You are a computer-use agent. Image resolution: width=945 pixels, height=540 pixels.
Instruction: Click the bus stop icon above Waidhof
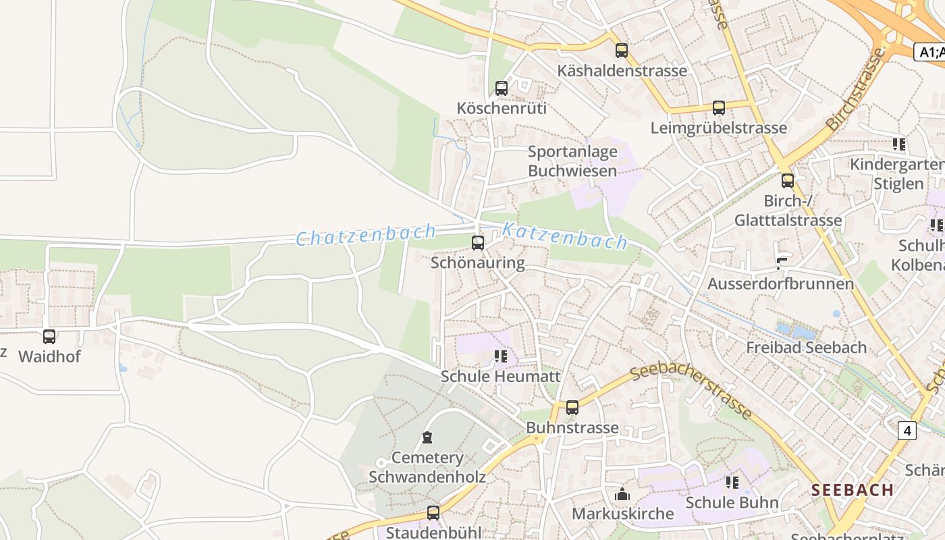(49, 336)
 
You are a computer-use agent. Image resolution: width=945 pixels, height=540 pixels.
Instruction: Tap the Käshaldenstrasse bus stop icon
(622, 51)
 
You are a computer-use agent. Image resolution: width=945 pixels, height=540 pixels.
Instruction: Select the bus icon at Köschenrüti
(502, 88)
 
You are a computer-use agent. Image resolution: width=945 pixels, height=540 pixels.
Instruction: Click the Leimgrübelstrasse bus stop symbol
(719, 108)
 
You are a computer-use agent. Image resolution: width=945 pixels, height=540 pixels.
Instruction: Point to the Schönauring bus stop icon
(478, 243)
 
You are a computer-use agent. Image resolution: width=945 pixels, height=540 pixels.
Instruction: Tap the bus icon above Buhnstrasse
(572, 408)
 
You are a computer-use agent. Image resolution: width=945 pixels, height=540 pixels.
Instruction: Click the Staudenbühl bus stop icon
(433, 513)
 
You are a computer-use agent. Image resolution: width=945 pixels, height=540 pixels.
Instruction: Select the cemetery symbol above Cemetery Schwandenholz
(427, 437)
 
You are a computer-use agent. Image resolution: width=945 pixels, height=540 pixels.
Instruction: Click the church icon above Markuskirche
(622, 494)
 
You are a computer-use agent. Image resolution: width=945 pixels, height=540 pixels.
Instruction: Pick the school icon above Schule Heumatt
(500, 356)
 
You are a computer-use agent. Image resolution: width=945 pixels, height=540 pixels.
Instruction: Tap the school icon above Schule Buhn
(732, 483)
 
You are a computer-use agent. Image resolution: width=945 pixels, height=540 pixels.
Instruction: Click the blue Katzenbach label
(564, 236)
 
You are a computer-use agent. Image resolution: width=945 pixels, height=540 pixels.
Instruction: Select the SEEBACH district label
(853, 490)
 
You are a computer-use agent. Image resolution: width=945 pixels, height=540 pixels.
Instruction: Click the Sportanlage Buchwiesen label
(572, 161)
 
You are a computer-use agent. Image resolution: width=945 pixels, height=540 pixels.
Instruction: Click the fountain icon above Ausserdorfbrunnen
(782, 264)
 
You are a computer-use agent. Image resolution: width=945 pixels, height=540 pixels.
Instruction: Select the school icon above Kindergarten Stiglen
(898, 144)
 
